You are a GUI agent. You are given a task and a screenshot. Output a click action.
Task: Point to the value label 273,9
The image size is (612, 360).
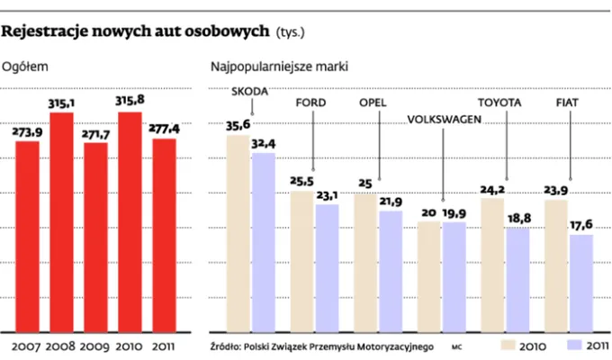[x=27, y=131]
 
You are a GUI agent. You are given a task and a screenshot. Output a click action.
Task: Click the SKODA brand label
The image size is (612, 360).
[x=250, y=91]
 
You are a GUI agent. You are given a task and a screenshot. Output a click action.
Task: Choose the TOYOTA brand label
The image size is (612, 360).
[x=499, y=103]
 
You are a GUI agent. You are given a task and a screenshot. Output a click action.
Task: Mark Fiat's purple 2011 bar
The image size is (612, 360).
[x=581, y=282]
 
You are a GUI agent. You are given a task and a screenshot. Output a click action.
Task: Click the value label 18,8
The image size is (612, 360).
[x=517, y=218]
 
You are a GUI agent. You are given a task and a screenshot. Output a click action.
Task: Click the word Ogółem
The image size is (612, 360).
[x=24, y=66]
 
